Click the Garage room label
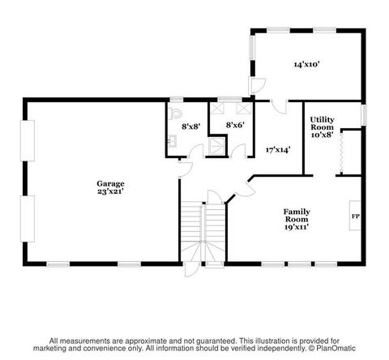110,184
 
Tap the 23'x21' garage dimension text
110,191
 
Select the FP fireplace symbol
355,216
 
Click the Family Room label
297,216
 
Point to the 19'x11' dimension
297,227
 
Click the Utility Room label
322,123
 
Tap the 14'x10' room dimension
307,64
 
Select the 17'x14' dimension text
278,150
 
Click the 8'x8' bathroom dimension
190,126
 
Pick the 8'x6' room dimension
235,125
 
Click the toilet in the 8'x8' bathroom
175,114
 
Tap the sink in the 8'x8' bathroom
172,141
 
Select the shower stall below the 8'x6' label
216,147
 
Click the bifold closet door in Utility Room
341,152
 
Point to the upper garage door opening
28,140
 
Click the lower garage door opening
28,219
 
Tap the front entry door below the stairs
192,269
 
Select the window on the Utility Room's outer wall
364,115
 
